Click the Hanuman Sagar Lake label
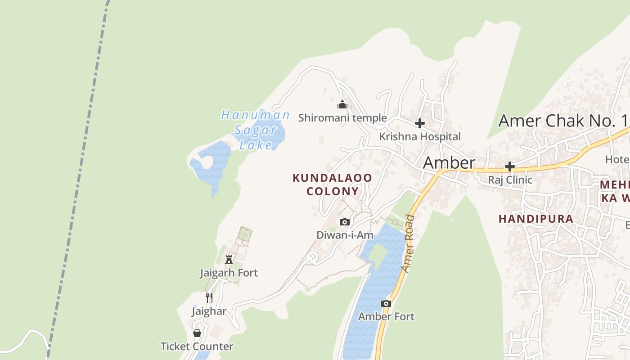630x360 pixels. (x=255, y=130)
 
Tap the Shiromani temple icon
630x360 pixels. (x=343, y=105)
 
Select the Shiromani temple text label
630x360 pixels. (x=342, y=118)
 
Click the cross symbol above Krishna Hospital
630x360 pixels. (x=420, y=123)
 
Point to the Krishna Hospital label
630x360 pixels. (x=420, y=136)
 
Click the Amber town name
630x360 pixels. (x=449, y=162)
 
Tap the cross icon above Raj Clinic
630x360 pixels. (x=509, y=167)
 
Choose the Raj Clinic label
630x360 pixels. (x=510, y=180)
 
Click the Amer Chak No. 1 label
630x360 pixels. (x=562, y=121)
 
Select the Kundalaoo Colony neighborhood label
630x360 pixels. (x=333, y=184)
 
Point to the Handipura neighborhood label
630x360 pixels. (x=536, y=219)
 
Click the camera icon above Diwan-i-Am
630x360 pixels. (x=345, y=222)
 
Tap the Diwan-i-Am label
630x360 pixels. (x=345, y=235)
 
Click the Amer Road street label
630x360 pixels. (x=408, y=243)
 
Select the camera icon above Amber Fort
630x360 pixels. (x=386, y=304)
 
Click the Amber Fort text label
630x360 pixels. (x=386, y=316)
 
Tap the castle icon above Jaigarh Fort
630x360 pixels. (x=229, y=260)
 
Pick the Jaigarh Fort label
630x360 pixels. (x=229, y=273)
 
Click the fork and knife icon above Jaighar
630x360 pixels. (x=209, y=298)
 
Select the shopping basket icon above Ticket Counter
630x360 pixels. (x=197, y=333)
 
